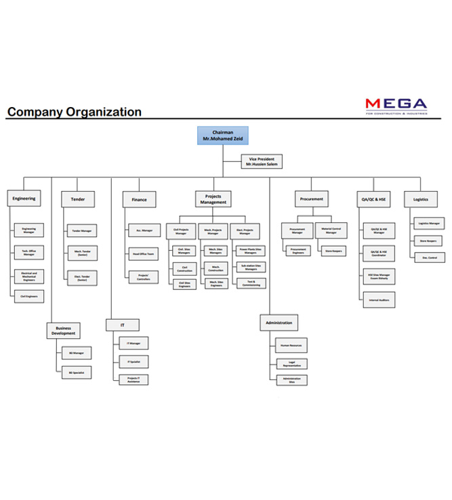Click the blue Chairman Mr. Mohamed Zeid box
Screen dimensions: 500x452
[222, 136]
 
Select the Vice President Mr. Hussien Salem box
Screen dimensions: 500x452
[262, 161]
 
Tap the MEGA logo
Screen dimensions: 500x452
[396, 106]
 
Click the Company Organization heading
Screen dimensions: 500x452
[75, 112]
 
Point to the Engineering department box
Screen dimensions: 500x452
[24, 199]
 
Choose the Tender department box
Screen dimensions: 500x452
[78, 199]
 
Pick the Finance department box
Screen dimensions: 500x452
[139, 199]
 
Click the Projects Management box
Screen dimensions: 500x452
[213, 199]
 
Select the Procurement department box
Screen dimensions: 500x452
[311, 199]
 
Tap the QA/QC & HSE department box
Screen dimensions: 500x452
[373, 199]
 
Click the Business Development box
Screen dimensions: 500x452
[63, 331]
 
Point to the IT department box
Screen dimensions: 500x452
[123, 325]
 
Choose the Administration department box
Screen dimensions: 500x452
[279, 322]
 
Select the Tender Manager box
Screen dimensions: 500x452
[81, 231]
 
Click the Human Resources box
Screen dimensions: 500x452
[291, 346]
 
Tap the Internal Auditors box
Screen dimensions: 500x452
[378, 299]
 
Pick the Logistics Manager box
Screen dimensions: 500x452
[428, 223]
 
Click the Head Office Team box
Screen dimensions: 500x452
[143, 254]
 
